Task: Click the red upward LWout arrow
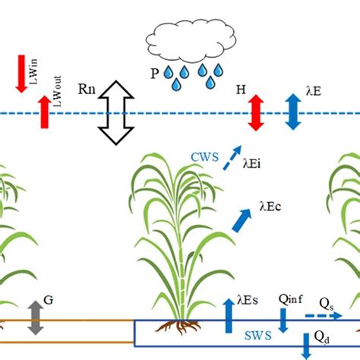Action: pos(45,111)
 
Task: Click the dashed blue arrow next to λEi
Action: pos(237,156)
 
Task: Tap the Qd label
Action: pos(322,338)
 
